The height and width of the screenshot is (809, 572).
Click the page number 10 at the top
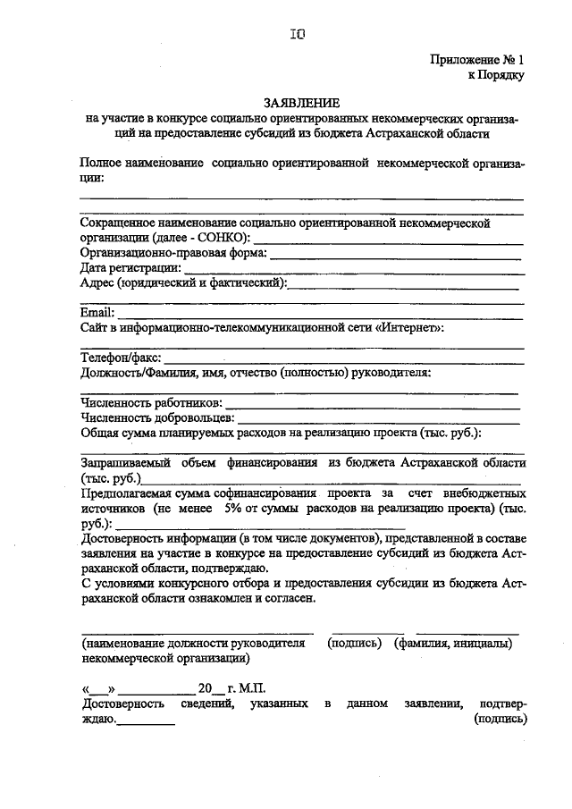tap(298, 35)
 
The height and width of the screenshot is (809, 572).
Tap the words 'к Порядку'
tap(495, 75)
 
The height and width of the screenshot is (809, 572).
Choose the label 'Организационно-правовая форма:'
tap(173, 253)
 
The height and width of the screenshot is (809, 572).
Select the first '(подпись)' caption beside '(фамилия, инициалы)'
tap(355, 644)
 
